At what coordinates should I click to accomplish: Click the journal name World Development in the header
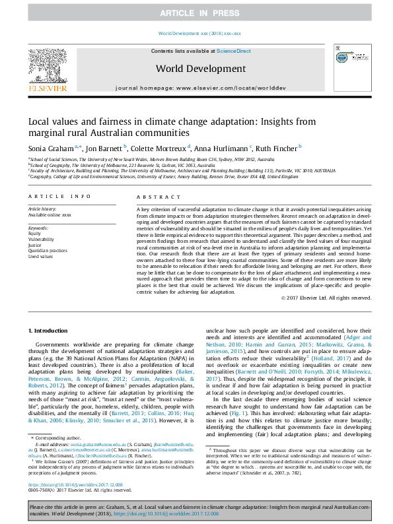coord(196,68)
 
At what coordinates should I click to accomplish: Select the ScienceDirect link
coord(234,51)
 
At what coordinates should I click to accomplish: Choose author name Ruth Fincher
coord(274,148)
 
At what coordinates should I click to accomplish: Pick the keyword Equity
coord(34,233)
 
